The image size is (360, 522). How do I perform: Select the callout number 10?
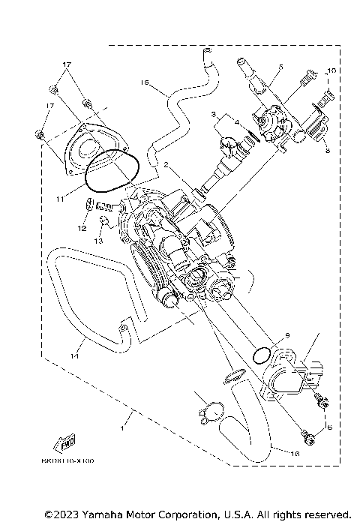click(x=332, y=70)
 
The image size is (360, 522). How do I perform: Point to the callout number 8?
click(x=328, y=151)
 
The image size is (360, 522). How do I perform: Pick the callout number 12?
click(x=81, y=227)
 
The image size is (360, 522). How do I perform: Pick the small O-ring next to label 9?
click(x=261, y=353)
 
